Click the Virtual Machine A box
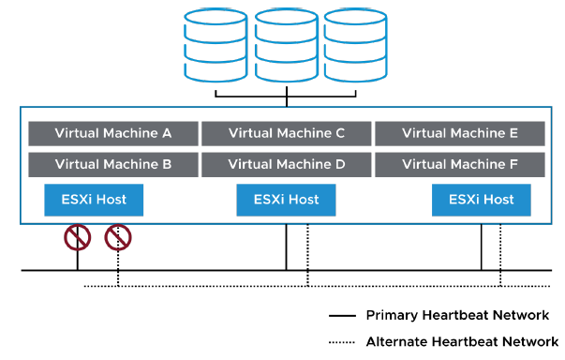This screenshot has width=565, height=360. (113, 133)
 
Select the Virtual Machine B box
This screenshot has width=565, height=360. (113, 164)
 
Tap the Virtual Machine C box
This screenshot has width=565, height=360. (287, 133)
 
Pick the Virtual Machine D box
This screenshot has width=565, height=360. (287, 164)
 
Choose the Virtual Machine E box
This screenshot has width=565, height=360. (460, 133)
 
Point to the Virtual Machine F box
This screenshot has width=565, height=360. (460, 164)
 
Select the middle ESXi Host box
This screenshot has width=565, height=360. (286, 200)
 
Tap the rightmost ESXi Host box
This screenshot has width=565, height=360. (481, 200)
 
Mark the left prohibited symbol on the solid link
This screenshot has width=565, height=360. (77, 238)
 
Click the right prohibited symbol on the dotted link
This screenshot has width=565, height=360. (118, 238)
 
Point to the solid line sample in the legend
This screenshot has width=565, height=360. (343, 316)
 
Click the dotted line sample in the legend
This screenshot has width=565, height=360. (343, 342)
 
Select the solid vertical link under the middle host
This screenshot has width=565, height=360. (287, 247)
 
